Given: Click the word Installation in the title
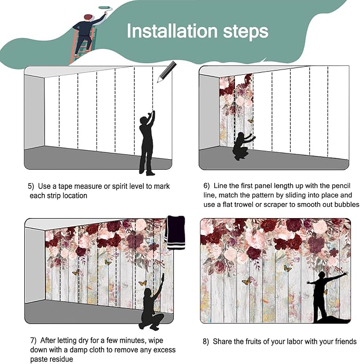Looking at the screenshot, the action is point(172,31).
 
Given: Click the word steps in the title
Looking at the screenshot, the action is point(245,32).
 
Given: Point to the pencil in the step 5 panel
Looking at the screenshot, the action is point(166,72).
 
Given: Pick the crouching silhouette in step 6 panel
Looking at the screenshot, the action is point(243,146).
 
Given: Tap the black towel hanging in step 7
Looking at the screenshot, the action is point(176,232).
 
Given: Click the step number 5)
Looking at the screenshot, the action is point(31,186).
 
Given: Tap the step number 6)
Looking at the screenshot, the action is point(206,186).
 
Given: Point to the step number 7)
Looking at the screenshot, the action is point(33,341).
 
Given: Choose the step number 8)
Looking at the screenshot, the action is point(206,342).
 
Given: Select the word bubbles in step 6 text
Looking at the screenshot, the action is point(346,204).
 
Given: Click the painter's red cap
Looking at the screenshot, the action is point(87,16).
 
